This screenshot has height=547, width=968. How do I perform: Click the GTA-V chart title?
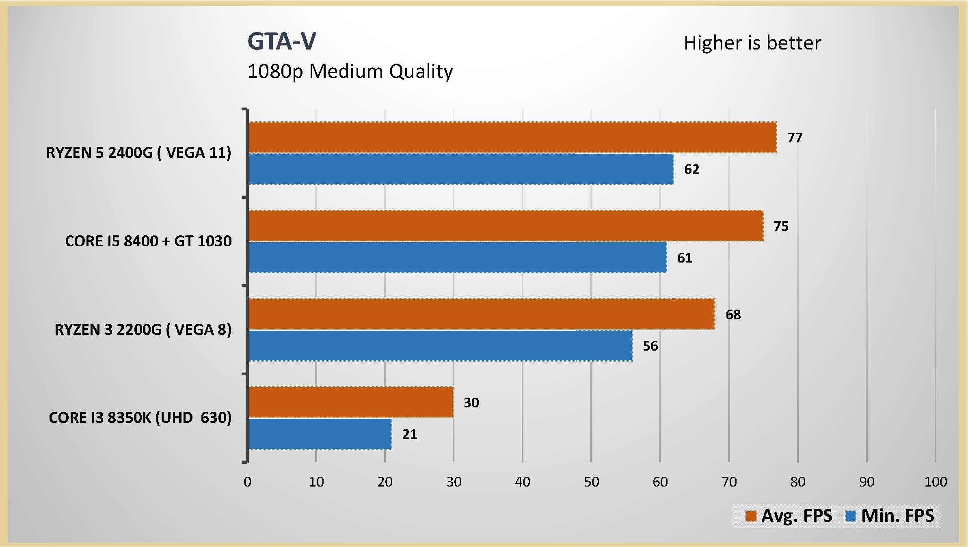281,41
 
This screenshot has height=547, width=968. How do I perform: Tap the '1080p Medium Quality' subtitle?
350,71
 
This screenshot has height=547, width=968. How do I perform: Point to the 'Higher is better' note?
752,43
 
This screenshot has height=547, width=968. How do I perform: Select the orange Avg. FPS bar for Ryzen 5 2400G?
512,138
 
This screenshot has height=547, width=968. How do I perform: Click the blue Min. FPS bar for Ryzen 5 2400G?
460,169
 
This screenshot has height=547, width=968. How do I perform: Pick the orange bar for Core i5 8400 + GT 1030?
505,226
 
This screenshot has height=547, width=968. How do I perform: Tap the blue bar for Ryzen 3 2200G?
440,346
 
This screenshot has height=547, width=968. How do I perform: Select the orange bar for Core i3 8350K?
350,402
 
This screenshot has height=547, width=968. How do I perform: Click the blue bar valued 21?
320,434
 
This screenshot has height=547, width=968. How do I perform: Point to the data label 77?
795,138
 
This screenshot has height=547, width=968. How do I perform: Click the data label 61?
685,258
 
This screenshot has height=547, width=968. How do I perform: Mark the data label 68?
733,314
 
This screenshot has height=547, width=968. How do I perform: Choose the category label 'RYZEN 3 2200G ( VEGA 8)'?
143,329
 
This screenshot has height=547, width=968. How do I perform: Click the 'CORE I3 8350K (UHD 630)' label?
140,418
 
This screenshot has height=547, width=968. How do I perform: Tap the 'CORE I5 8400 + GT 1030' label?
148,241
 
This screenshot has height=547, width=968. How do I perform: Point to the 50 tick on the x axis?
591,482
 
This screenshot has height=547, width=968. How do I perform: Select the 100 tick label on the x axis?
935,482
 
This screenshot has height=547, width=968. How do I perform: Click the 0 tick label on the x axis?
247,482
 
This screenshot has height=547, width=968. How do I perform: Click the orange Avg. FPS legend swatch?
751,516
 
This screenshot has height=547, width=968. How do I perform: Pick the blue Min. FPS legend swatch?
850,516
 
